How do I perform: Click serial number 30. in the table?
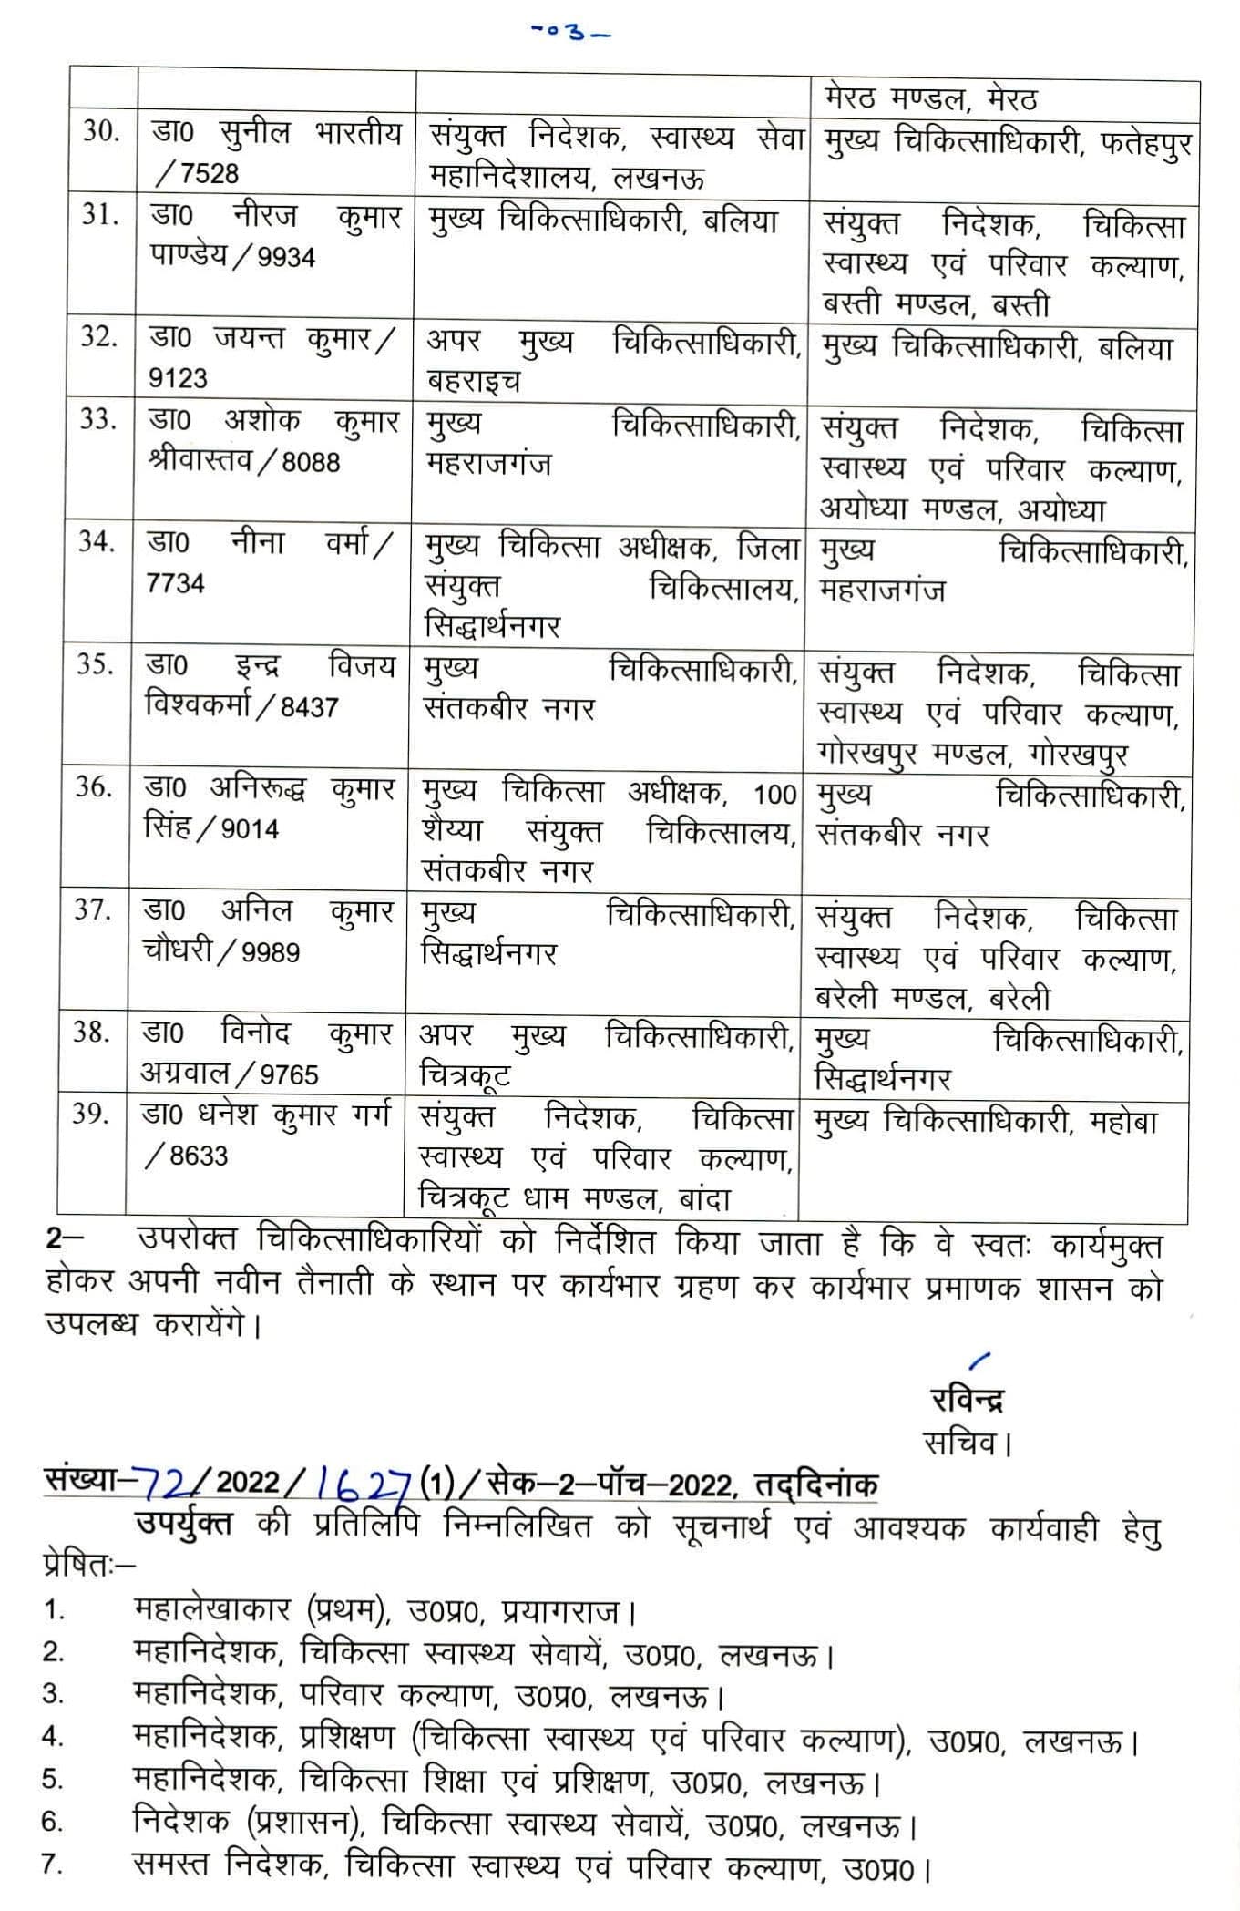click(100, 132)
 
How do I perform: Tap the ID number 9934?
click(285, 258)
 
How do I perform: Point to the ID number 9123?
click(178, 378)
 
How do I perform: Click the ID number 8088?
click(310, 462)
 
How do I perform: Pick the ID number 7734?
click(175, 583)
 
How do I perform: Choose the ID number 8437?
click(309, 706)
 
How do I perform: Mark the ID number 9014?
click(250, 828)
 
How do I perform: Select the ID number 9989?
click(272, 952)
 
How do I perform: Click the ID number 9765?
click(289, 1074)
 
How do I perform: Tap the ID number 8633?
click(198, 1156)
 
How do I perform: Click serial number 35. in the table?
click(95, 664)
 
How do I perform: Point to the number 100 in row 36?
click(774, 795)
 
